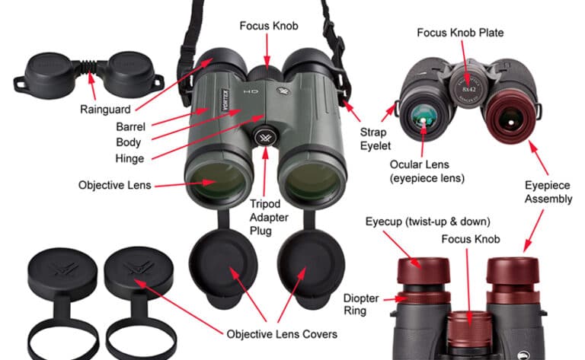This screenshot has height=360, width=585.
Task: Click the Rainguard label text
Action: click(104, 110)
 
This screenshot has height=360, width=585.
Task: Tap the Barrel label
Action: click(130, 126)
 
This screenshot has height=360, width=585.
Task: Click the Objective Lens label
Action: click(114, 185)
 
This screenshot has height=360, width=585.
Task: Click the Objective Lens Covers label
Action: click(281, 333)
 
